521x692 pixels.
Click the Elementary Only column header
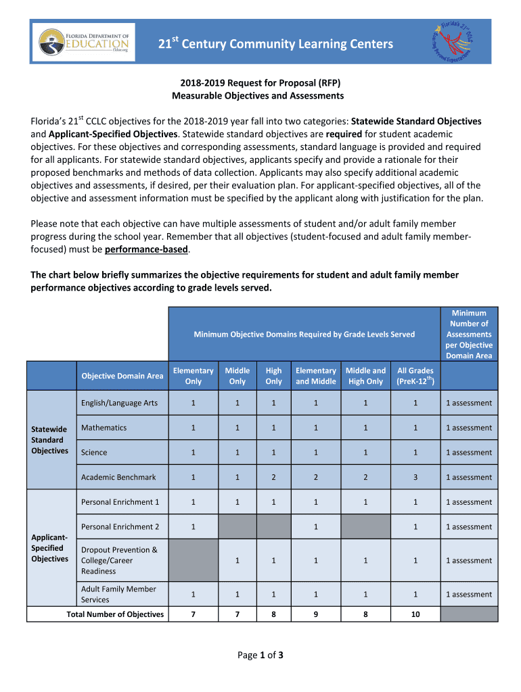click(x=193, y=376)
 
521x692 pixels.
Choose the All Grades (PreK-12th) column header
click(x=415, y=376)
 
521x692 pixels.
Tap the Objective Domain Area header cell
click(x=122, y=376)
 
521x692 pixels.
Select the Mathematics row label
click(x=104, y=428)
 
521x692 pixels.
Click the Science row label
click(x=94, y=453)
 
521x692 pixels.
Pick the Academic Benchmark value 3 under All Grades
click(x=415, y=477)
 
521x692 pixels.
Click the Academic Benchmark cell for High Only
click(x=273, y=477)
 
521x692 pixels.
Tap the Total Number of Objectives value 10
click(x=415, y=614)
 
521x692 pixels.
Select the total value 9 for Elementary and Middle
click(x=315, y=614)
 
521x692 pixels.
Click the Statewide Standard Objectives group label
click(x=50, y=440)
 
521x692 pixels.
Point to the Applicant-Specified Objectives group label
click(x=50, y=548)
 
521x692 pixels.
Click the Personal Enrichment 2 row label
click(x=120, y=526)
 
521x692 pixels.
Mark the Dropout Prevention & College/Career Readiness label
click(x=119, y=560)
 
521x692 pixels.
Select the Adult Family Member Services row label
click(x=118, y=594)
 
